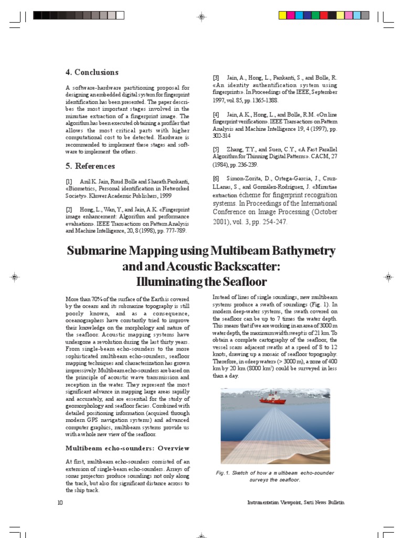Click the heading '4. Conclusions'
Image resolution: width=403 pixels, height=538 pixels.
[92, 73]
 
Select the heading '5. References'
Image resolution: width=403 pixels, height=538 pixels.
[90, 166]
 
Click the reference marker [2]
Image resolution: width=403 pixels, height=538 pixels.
[69, 210]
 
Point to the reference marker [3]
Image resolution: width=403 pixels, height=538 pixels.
[216, 77]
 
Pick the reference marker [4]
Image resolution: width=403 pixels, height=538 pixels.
[216, 114]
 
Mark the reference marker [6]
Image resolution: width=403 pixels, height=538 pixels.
[216, 179]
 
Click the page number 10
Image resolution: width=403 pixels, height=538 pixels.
[60, 503]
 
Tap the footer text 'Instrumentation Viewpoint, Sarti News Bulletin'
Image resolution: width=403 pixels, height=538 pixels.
[296, 503]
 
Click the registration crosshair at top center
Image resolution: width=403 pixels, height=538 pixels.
[201, 17]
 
